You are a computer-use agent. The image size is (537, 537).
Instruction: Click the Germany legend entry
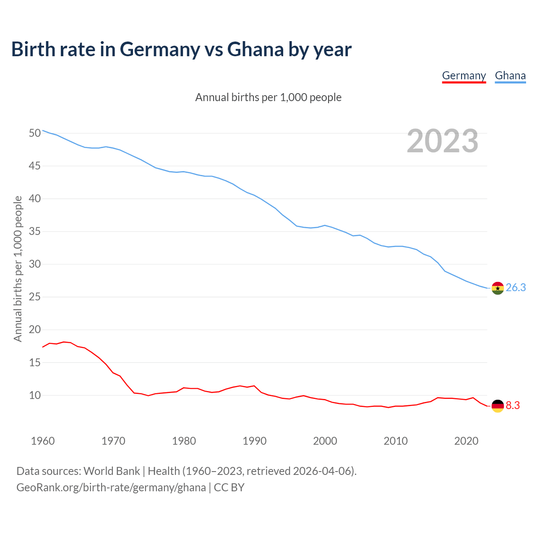464,76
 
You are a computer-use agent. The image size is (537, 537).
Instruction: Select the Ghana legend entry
510,76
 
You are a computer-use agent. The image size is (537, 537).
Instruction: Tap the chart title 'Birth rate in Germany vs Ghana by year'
181,50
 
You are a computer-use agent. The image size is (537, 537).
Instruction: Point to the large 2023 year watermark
443,141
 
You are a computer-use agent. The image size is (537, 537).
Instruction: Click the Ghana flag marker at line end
498,288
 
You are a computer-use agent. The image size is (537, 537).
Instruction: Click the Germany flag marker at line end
498,406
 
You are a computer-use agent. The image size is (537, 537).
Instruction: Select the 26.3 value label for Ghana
516,288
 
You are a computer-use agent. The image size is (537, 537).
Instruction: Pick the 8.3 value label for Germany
513,406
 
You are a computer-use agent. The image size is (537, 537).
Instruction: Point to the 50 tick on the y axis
35,133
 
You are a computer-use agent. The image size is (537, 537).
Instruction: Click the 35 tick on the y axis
35,232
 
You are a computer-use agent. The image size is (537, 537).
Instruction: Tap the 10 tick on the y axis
35,396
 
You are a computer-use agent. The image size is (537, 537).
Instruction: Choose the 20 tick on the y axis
35,330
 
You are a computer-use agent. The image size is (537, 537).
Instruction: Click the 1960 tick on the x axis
43,441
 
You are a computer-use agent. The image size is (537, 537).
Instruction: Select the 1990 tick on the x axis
255,441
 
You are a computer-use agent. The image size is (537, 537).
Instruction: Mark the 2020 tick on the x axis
466,441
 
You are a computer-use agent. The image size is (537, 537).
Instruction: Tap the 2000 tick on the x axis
325,441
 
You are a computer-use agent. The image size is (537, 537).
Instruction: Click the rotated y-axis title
18,269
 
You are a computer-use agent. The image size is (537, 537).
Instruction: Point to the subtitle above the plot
268,98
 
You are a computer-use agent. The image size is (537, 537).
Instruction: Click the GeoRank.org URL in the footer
111,487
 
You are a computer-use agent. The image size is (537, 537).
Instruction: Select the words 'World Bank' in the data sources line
112,471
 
